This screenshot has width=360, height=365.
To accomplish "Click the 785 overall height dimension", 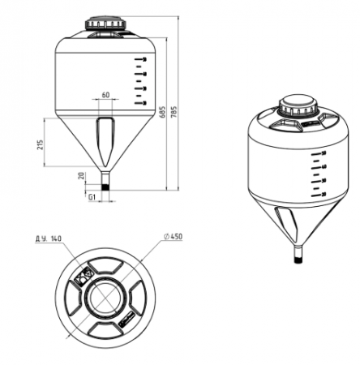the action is pos(174,112).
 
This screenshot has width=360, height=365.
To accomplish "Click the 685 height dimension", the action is pos(162,112).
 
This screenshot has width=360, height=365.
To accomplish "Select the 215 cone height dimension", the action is pos(40,145).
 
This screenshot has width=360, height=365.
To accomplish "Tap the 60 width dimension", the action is pos(105,95).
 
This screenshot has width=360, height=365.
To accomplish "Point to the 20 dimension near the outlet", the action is pos(81,176).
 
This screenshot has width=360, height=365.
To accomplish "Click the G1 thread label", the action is pos(92,197).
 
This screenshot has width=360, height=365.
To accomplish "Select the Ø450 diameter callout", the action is pos(174,237).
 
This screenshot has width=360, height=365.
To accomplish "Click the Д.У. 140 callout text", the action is pos(49,238).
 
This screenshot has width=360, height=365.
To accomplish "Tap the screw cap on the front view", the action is pos(106,24).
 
